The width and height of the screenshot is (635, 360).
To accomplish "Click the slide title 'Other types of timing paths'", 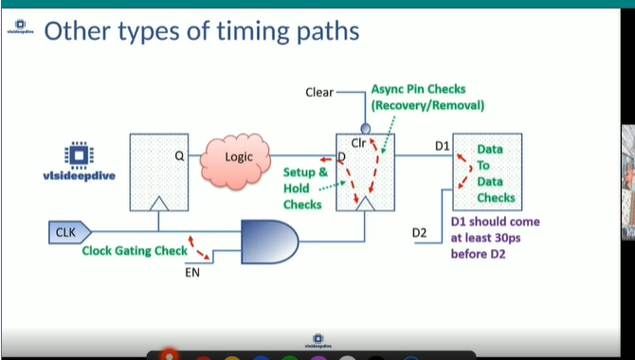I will click(x=201, y=31).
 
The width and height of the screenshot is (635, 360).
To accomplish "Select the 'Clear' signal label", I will click(x=319, y=92).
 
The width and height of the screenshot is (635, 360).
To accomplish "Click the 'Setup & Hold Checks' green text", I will click(x=304, y=188).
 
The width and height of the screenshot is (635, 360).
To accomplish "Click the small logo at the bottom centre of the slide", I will click(x=317, y=339).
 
